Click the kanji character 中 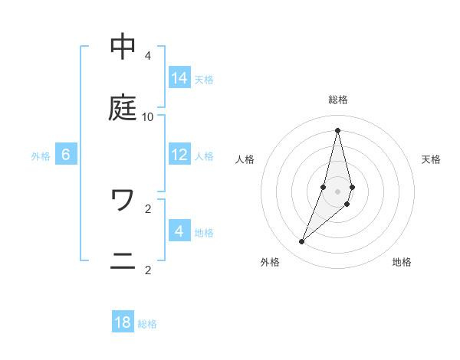click(x=123, y=47)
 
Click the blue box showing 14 click(x=179, y=78)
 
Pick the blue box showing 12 click(x=179, y=155)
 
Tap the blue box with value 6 click(x=66, y=155)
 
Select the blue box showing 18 click(x=123, y=322)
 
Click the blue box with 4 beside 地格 click(x=179, y=231)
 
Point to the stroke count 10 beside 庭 click(x=148, y=117)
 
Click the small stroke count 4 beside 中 click(x=148, y=56)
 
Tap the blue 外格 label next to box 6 click(x=41, y=155)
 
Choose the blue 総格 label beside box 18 click(x=147, y=324)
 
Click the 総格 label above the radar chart click(x=338, y=100)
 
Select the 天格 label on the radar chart click(x=431, y=159)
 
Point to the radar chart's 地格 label click(x=402, y=262)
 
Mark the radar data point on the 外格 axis click(x=301, y=242)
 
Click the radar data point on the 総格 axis click(x=338, y=130)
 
